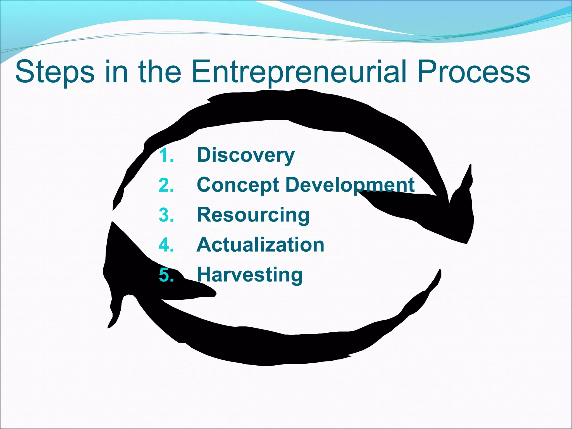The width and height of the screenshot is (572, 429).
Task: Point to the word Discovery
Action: pyautogui.click(x=246, y=155)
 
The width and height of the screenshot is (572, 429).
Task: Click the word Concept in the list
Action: pyautogui.click(x=238, y=185)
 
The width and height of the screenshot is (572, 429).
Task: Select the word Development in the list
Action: pyautogui.click(x=350, y=185)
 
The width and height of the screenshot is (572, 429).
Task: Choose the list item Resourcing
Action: pyautogui.click(x=253, y=215)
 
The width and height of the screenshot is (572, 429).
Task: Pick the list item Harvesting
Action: pyautogui.click(x=250, y=275)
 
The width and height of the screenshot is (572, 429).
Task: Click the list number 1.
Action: pyautogui.click(x=166, y=155)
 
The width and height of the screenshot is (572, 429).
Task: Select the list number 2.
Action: pyautogui.click(x=166, y=185)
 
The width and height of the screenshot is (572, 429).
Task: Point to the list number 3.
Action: pyautogui.click(x=166, y=215)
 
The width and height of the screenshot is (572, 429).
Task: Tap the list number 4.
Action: pyautogui.click(x=166, y=245)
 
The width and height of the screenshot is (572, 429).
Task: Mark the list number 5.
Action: pyautogui.click(x=166, y=275)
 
